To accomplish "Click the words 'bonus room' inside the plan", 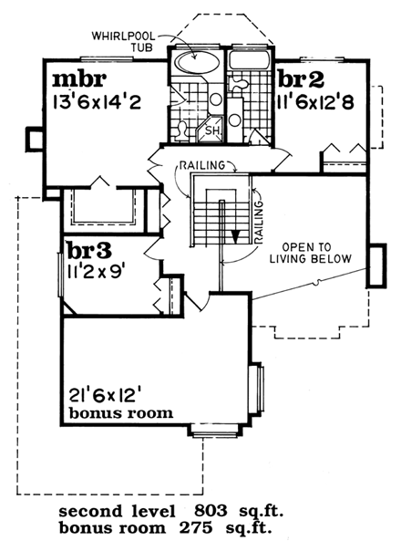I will pyautogui.click(x=120, y=413).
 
